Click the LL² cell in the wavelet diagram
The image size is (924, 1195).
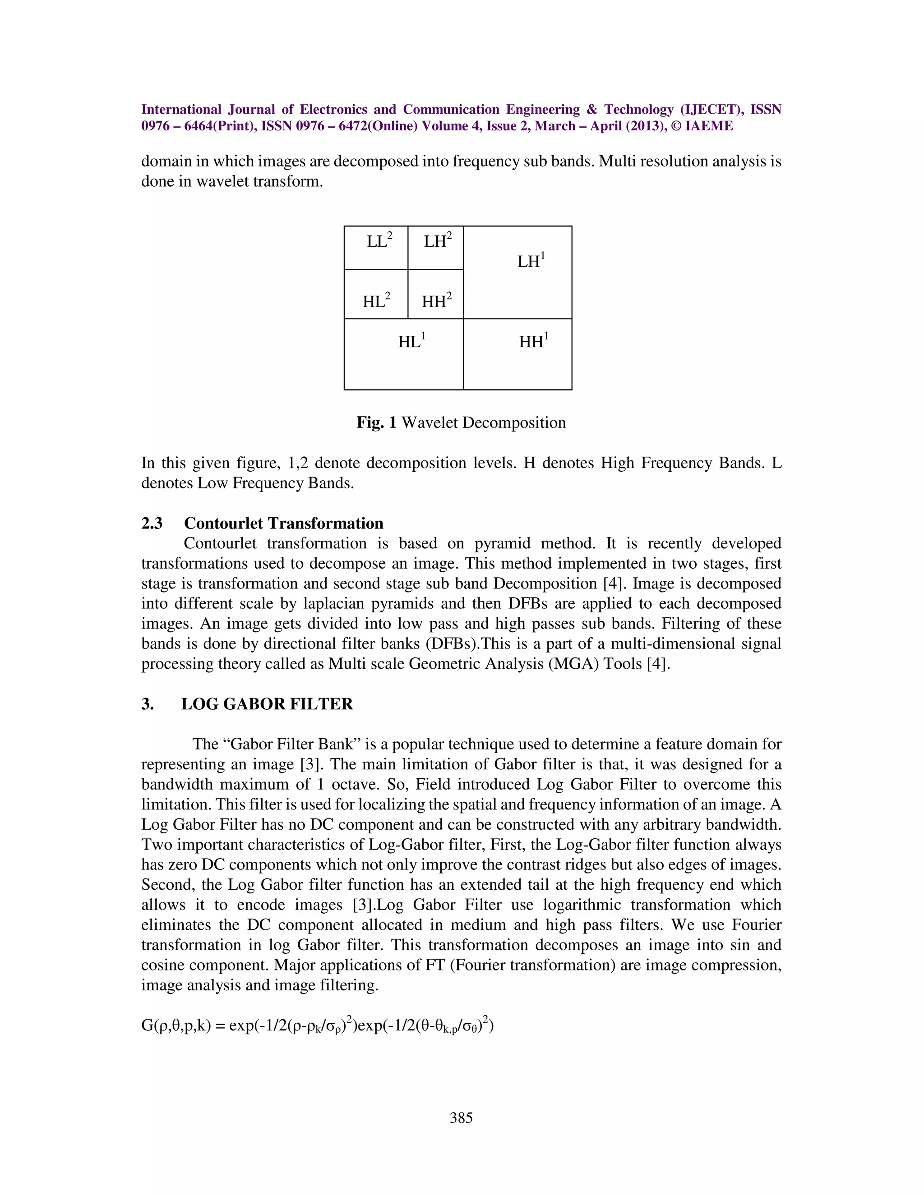click(379, 241)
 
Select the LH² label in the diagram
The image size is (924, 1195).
click(437, 241)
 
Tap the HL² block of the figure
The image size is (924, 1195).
click(376, 300)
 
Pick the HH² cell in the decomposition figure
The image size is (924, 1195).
click(436, 300)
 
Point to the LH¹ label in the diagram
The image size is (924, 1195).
click(531, 261)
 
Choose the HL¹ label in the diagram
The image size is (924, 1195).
click(411, 341)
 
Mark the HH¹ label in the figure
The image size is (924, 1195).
click(533, 341)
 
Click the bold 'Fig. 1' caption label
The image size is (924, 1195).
click(376, 423)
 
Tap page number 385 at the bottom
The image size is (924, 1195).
click(461, 1118)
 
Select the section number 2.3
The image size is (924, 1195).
click(152, 523)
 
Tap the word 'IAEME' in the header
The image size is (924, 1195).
click(709, 126)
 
